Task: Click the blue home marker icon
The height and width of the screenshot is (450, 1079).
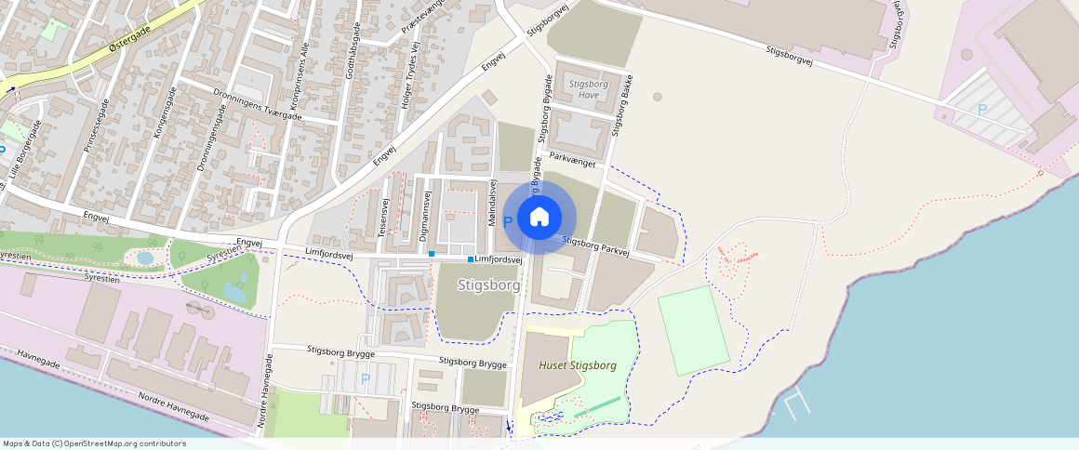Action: tap(539, 218)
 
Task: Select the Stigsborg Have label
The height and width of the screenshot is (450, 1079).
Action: tap(588, 88)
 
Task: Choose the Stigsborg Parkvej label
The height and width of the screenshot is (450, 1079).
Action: tap(596, 246)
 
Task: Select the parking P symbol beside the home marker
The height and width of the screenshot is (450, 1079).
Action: tap(507, 222)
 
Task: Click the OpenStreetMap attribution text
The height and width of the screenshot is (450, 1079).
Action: tap(94, 443)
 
